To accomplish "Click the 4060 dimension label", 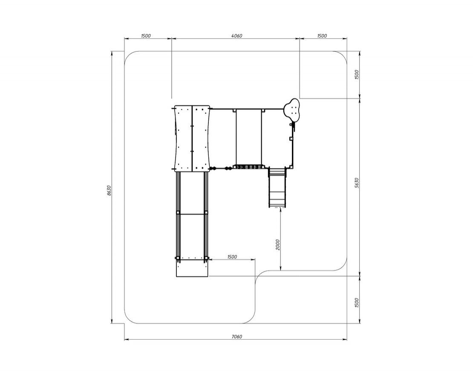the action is click(236, 36).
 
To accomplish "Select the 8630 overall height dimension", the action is click(109, 190).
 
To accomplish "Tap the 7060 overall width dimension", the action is click(237, 337).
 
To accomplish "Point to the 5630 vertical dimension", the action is click(357, 183).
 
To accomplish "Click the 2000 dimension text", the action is click(278, 244).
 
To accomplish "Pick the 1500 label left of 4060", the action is click(145, 36).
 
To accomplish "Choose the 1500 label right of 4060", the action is click(322, 36).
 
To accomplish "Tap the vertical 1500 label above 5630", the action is click(357, 75).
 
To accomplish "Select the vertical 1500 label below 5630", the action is click(357, 303).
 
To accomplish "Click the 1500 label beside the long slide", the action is click(232, 257).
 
